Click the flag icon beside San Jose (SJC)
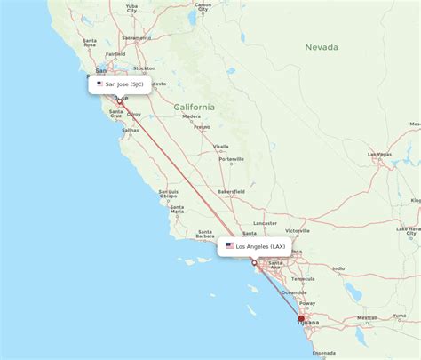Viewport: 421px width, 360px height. click(x=99, y=84)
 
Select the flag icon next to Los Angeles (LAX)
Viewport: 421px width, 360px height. click(x=229, y=245)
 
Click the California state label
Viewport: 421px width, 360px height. click(x=194, y=108)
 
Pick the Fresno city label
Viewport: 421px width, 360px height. click(x=202, y=127)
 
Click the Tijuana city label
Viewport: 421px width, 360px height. click(x=306, y=324)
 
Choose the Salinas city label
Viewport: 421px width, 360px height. click(x=130, y=130)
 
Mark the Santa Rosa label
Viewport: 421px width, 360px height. click(x=90, y=43)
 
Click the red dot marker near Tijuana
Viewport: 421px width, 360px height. click(x=301, y=318)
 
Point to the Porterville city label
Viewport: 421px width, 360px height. click(x=233, y=159)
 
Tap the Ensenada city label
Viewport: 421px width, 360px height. click(x=323, y=353)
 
